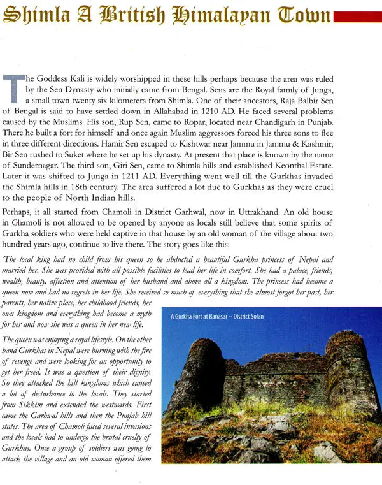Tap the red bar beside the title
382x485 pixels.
(x=358, y=16)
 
